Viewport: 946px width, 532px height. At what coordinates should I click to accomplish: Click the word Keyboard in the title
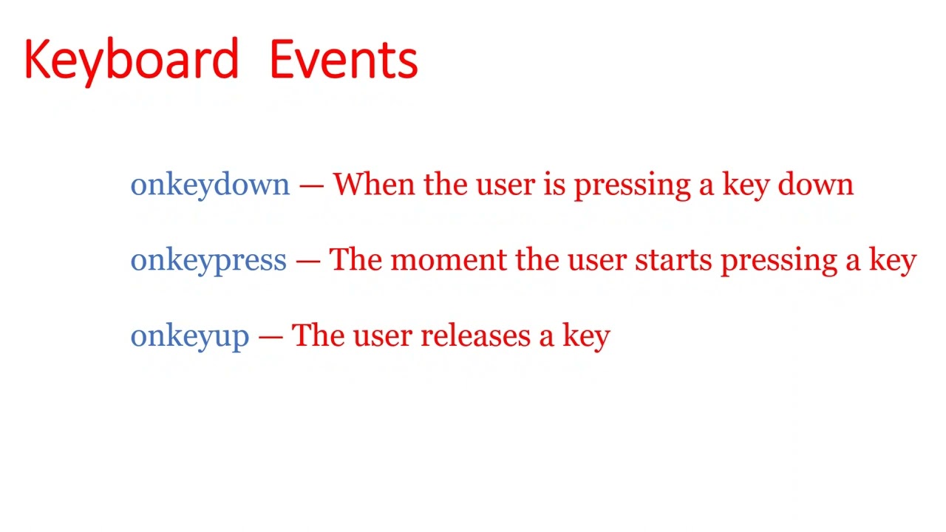click(x=131, y=61)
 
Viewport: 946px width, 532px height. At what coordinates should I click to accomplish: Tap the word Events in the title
click(x=343, y=61)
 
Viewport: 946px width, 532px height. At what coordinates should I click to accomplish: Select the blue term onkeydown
click(x=210, y=185)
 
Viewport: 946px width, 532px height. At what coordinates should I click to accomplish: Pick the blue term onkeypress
click(x=208, y=261)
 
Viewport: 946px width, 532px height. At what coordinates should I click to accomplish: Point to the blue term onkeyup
click(x=189, y=336)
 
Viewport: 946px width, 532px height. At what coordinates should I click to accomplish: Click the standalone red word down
click(x=815, y=185)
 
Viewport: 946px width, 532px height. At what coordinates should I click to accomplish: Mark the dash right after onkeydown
click(x=311, y=185)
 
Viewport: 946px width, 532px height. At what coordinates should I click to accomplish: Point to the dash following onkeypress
click(x=307, y=261)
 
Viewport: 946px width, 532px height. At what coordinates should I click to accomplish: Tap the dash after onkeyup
click(x=270, y=336)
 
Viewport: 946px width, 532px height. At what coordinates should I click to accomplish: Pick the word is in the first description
click(x=554, y=185)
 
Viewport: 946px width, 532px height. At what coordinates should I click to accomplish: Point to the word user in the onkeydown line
click(x=505, y=185)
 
